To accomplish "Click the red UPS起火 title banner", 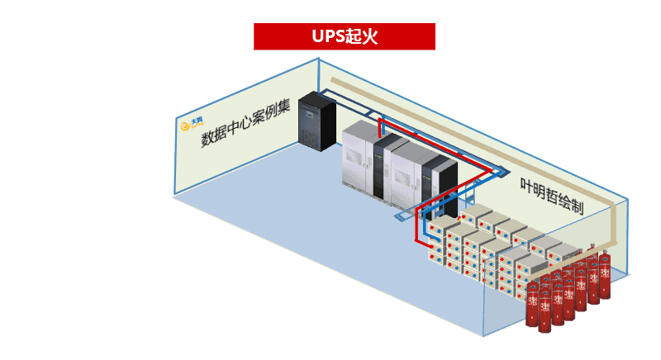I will (344, 36).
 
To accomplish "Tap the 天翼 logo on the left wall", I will (192, 126).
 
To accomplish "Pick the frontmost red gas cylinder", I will (544, 310).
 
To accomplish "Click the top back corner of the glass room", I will (318, 59).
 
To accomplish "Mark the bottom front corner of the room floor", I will (483, 336).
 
